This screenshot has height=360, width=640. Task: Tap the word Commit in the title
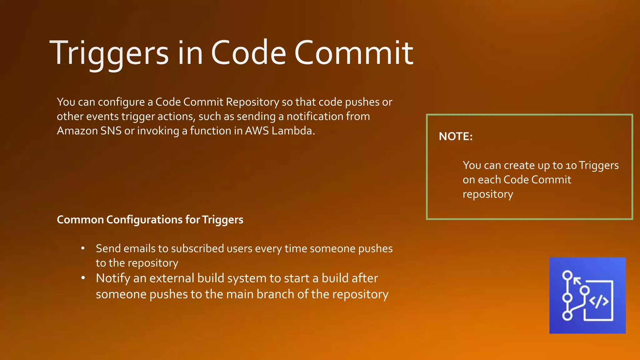(354, 53)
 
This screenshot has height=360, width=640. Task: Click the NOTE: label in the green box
(456, 137)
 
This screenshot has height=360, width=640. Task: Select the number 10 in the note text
(571, 166)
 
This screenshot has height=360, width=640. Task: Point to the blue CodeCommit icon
(587, 295)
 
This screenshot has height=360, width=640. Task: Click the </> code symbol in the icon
(599, 302)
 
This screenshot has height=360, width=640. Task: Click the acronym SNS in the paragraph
(111, 131)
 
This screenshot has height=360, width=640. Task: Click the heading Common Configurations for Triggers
(150, 220)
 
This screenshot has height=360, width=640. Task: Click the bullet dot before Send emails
(83, 249)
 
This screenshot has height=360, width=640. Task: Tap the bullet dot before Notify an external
(83, 278)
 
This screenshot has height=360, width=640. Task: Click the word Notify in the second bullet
(113, 278)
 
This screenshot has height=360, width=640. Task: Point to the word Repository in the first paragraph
(252, 102)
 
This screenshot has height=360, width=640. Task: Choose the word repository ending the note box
(488, 194)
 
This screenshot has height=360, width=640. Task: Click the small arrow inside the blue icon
(577, 281)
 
